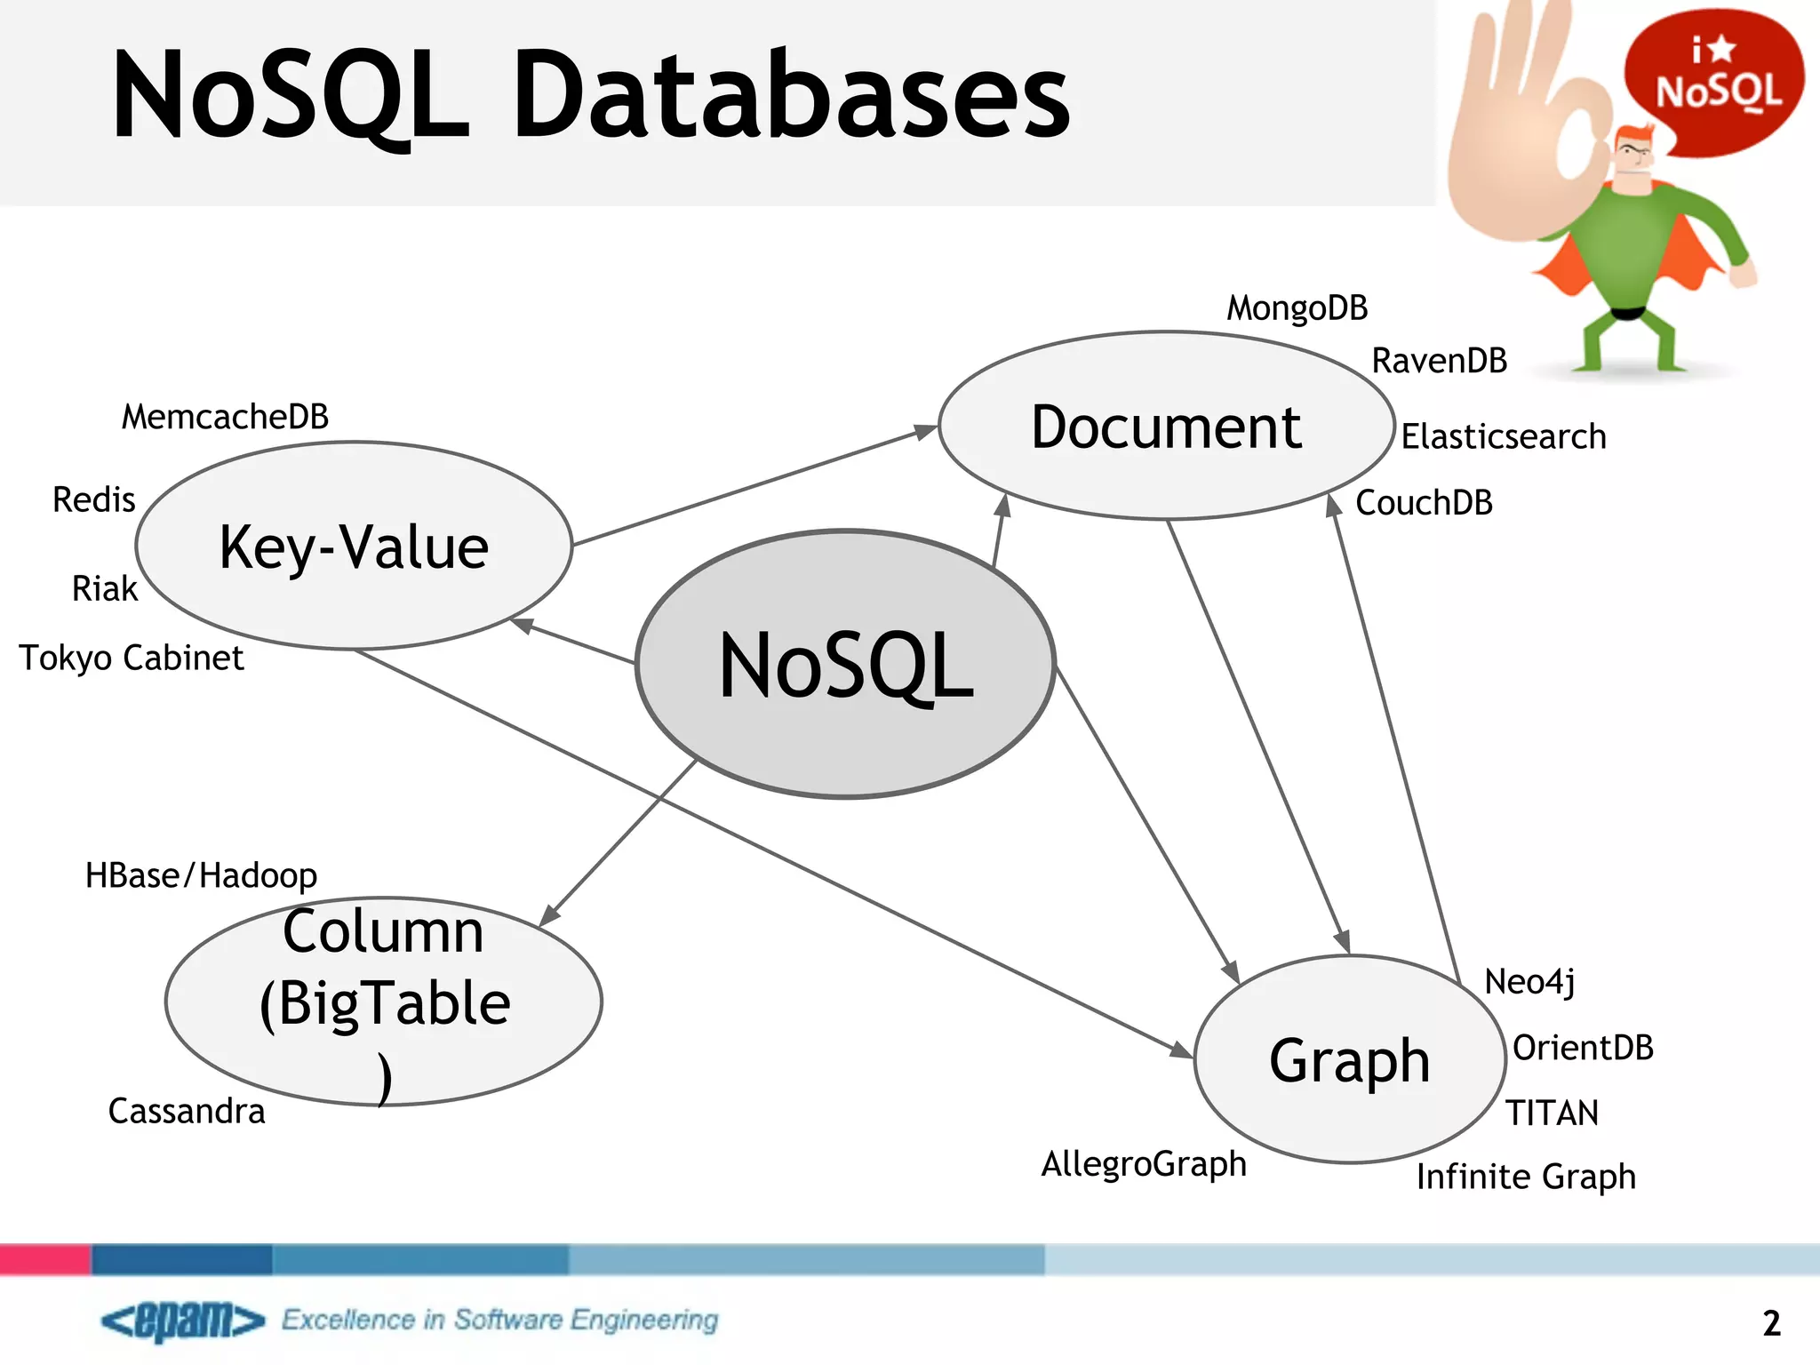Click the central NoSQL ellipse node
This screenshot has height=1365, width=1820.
tap(845, 664)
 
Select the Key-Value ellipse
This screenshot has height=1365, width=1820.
tap(354, 546)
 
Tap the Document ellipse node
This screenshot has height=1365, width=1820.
tap(1166, 427)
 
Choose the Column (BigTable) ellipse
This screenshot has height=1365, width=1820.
tap(384, 1002)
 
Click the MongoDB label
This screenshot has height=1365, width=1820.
tap(1297, 308)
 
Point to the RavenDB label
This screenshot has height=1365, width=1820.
tap(1439, 361)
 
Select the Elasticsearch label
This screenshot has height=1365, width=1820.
tap(1504, 436)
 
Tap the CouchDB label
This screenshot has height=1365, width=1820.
tap(1424, 503)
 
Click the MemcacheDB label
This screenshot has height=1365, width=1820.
tap(225, 417)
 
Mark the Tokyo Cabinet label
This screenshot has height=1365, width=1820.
tap(132, 658)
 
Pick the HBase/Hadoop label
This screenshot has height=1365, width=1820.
tap(201, 875)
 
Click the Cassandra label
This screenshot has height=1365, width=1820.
tap(187, 1111)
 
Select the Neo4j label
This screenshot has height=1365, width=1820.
tap(1529, 982)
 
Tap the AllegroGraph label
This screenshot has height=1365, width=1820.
tap(1144, 1163)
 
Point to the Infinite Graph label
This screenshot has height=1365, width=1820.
tap(1526, 1177)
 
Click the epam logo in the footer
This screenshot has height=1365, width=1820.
tap(183, 1321)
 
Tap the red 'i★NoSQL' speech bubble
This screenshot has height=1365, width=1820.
tap(1714, 80)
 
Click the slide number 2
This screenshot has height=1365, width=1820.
tap(1771, 1323)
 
